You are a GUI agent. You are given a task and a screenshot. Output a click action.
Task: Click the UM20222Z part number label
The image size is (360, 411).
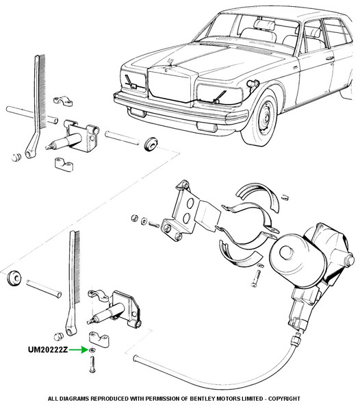[x=48, y=349]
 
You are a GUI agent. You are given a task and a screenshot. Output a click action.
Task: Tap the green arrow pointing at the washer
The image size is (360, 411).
[x=79, y=349]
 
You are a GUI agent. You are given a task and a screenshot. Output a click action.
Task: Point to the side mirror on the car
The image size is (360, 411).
[x=253, y=84]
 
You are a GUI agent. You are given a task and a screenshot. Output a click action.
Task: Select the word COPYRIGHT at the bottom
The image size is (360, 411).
[x=284, y=399]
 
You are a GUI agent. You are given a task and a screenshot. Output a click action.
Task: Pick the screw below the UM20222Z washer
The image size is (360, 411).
[x=92, y=363]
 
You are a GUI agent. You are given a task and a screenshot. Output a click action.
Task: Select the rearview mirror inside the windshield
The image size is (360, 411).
[x=264, y=25]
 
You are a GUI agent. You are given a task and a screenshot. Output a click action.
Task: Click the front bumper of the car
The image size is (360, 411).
[x=181, y=110]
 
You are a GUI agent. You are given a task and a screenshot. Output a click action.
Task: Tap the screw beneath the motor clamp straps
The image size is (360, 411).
[x=256, y=278]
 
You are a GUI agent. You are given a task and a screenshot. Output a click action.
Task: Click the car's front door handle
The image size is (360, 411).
[x=330, y=58]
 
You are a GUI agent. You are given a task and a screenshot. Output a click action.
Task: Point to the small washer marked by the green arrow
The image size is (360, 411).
[x=92, y=350]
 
